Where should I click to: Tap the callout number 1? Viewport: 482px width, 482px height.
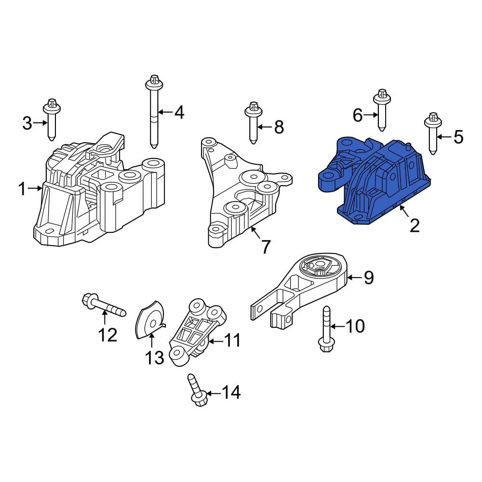(22, 189)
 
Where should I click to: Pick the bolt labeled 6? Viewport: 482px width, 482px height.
(382, 110)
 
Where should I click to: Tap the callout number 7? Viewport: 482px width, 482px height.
(266, 246)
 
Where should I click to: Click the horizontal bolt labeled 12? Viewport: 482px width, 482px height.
(104, 306)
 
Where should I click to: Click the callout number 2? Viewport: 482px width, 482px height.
(415, 225)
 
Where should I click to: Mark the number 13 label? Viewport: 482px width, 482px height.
(155, 358)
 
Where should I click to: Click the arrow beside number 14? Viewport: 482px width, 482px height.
(214, 393)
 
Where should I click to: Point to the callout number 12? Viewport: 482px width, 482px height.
(107, 334)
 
